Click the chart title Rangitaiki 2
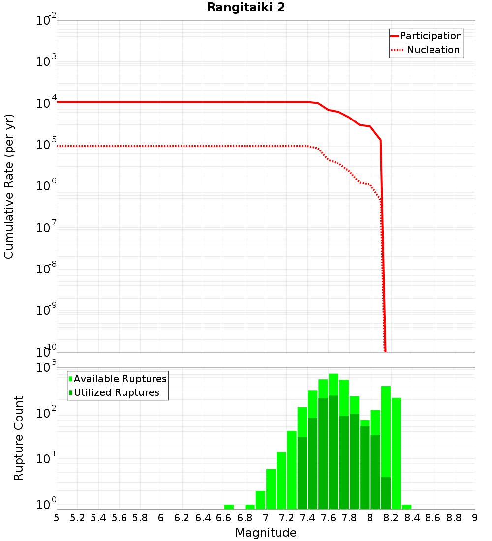[x=246, y=7]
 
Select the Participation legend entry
[x=430, y=36]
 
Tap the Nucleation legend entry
[x=433, y=50]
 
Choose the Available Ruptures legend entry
[x=120, y=379]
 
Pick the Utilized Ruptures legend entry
[x=116, y=392]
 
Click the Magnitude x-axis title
[x=266, y=533]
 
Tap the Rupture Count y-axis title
[x=19, y=438]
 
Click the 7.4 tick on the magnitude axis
[x=307, y=518]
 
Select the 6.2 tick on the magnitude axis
[x=182, y=518]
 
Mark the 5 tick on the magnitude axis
[x=57, y=518]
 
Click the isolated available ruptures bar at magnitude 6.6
[x=229, y=507]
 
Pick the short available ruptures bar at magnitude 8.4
[x=406, y=507]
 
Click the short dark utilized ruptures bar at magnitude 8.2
[x=386, y=493]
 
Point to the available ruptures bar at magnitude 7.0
[x=271, y=489]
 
